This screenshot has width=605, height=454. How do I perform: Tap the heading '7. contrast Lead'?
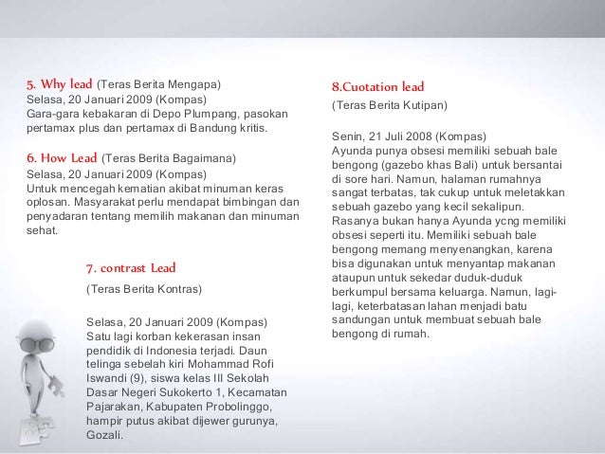click(130, 268)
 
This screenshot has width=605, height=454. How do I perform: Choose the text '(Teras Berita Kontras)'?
click(144, 288)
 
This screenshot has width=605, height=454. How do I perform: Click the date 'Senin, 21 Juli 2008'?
click(376, 135)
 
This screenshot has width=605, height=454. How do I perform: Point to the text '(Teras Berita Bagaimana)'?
click(168, 157)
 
